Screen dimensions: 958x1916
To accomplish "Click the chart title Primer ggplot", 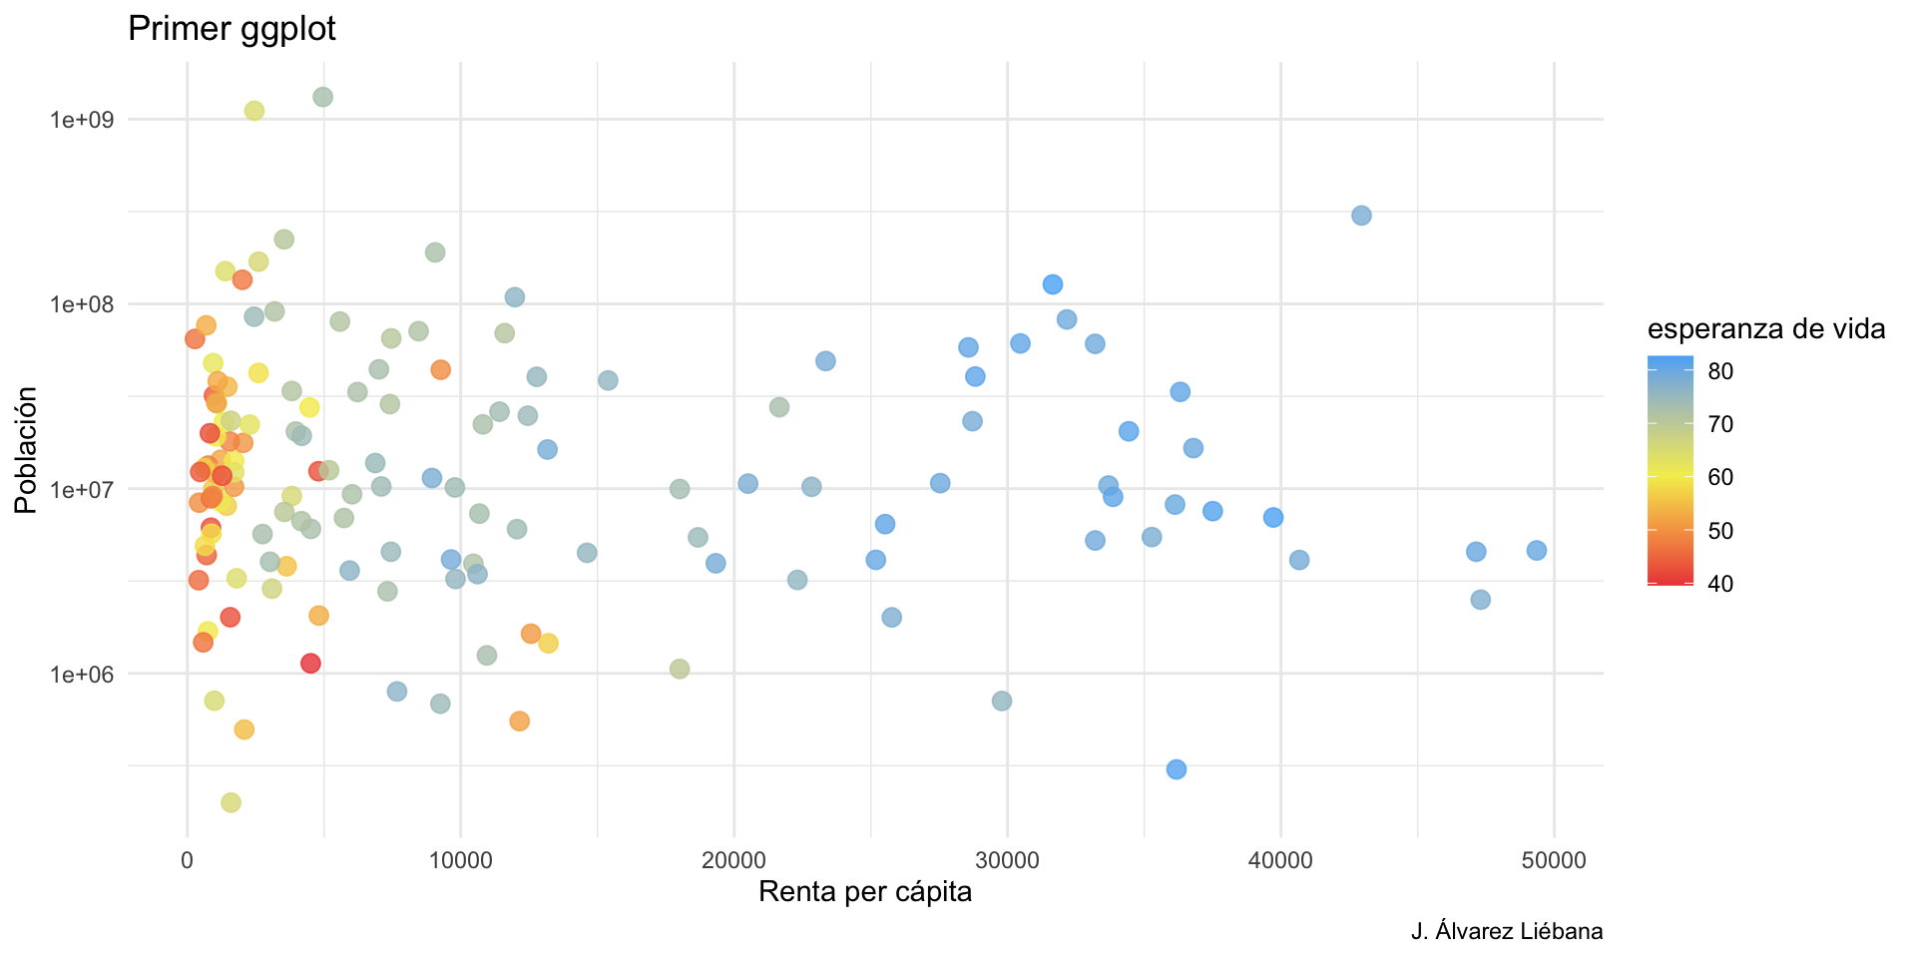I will point(232,29).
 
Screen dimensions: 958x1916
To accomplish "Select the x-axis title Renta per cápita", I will point(864,891).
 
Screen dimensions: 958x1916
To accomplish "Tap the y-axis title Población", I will point(26,450).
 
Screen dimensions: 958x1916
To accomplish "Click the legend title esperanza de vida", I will point(1765,328).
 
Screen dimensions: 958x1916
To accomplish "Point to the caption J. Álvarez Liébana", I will point(1506,932).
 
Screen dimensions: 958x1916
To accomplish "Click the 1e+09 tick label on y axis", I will point(82,120).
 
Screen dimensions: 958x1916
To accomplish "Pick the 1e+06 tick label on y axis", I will point(82,675).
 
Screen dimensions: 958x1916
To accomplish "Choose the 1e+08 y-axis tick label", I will point(82,304).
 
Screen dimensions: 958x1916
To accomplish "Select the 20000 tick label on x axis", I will point(733,861).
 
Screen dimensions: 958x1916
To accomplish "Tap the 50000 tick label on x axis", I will point(1553,861).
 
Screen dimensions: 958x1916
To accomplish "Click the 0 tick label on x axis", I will point(187,861).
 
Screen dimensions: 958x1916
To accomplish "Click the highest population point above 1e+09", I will point(322,97).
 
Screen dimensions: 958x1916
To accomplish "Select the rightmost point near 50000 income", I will point(1536,551).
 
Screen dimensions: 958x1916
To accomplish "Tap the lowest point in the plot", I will point(231,802).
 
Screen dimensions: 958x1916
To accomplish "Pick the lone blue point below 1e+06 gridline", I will point(1177,769).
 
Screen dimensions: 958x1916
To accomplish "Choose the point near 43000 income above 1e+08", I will point(1361,216).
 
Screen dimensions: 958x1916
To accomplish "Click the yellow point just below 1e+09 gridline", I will point(254,111).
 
